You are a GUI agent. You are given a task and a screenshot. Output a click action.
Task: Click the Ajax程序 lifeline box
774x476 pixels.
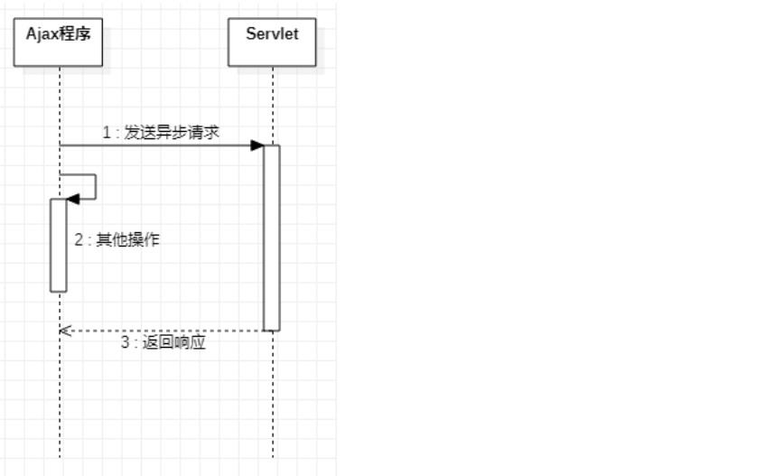59,42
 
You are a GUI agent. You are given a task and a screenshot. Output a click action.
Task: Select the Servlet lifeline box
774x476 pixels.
272,42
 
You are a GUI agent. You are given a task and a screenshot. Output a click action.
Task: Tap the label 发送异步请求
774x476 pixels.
173,132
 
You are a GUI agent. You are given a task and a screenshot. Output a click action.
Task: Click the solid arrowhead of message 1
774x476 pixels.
257,145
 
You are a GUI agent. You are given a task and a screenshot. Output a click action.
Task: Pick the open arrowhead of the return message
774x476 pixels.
64,331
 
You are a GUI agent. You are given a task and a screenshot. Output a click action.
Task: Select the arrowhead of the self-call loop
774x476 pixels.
73,199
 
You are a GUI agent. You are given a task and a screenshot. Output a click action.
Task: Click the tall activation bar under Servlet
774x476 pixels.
272,238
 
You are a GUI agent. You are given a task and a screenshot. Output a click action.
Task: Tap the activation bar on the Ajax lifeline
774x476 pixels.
59,246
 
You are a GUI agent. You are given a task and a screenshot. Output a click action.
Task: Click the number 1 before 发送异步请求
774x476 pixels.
106,132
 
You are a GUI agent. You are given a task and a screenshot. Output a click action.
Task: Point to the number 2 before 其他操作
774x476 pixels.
79,239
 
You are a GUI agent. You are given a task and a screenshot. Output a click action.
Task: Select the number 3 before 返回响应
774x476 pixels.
126,343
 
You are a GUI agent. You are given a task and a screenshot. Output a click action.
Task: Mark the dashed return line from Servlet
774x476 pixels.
163,331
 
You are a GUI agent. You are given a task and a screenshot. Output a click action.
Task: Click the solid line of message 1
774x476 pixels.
154,145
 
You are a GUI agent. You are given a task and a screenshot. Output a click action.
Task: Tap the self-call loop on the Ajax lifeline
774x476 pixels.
94,186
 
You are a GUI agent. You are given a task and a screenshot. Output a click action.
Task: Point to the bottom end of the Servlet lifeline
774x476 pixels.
272,455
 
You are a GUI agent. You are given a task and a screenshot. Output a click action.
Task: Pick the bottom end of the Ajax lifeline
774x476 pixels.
60,455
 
